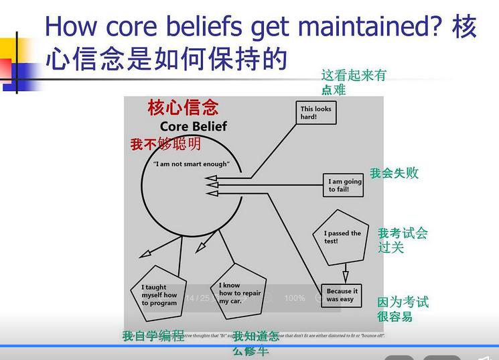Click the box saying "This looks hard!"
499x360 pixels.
[316, 113]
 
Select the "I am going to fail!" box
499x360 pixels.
[344, 185]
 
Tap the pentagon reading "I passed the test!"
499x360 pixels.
[342, 237]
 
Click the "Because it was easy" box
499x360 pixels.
[342, 295]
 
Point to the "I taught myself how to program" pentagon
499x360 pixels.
[159, 295]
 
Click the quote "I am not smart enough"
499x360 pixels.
[191, 164]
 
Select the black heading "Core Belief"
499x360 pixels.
[194, 127]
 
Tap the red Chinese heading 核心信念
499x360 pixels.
[183, 108]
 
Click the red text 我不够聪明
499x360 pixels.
[165, 144]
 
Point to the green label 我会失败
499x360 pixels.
[394, 173]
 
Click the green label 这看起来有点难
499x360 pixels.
[353, 82]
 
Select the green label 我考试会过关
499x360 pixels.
[402, 240]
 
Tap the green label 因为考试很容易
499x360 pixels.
[403, 309]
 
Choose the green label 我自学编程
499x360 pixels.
[153, 336]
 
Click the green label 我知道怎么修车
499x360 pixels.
[255, 343]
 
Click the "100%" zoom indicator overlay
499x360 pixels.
[294, 298]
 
